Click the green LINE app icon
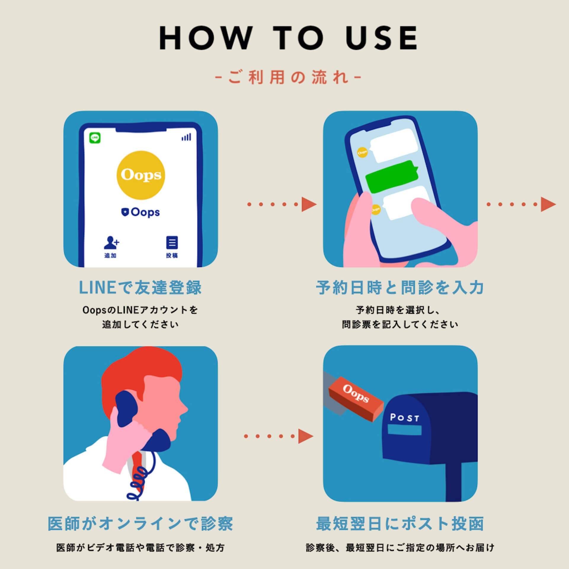point(95,138)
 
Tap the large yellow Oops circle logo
point(141,175)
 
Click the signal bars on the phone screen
point(186,137)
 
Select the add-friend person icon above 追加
point(111,242)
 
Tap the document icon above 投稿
point(172,243)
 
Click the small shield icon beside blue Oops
point(125,212)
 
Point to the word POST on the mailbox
point(405,418)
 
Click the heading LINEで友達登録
point(140,287)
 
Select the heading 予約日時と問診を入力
point(400,287)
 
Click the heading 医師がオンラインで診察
point(140,524)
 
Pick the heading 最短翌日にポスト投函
point(400,524)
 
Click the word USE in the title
point(381,38)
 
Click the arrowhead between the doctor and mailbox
point(306,436)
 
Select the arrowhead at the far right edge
point(548,204)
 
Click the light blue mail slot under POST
point(405,430)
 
